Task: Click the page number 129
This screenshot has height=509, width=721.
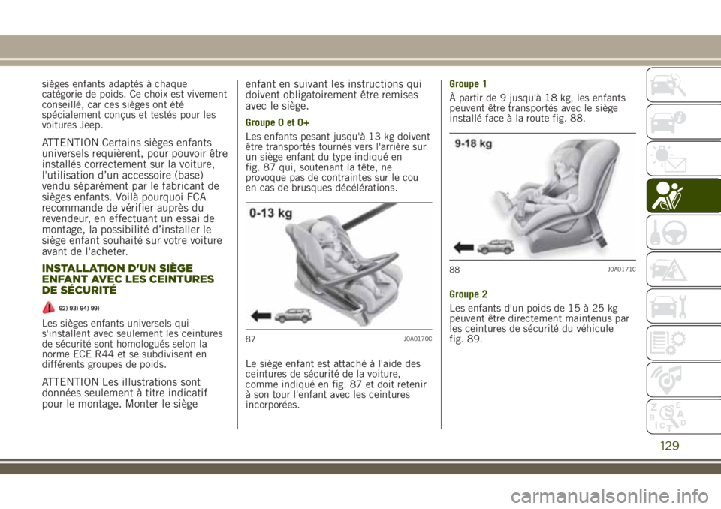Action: pos(669,445)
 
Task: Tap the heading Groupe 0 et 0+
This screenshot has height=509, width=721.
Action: pos(277,123)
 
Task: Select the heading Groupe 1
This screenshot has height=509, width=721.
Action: pos(468,84)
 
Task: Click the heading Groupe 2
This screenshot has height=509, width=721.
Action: pos(468,294)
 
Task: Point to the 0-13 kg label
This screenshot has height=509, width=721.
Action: pos(271,214)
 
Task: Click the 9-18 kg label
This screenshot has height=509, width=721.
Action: pos(474,144)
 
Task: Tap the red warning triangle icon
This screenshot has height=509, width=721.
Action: pos(48,307)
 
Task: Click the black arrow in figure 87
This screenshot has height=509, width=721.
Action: pos(261,316)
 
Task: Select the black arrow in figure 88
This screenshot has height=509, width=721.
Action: pos(464,248)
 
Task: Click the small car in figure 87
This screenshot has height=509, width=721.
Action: pos(293,315)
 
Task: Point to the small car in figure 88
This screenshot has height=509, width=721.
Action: pos(496,248)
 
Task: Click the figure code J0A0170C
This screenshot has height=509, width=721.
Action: pos(418,339)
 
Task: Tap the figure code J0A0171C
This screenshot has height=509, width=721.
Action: pos(621,270)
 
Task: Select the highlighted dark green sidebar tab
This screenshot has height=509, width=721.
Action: pos(683,196)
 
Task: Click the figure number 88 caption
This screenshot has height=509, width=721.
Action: pos(454,270)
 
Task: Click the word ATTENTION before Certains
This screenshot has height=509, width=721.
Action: pos(70,143)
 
